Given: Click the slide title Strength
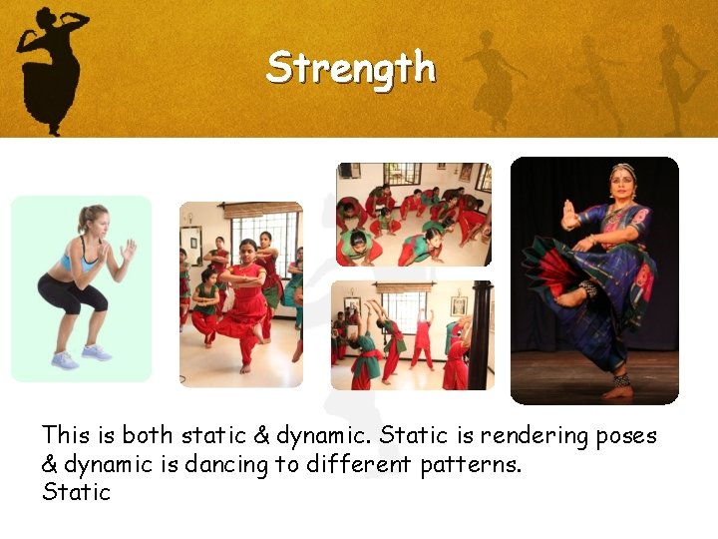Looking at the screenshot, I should coord(350,68).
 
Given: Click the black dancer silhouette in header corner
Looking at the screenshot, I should coord(50,60).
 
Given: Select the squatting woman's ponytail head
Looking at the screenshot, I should coord(93,220).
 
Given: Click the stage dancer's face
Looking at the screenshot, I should coord(623,185).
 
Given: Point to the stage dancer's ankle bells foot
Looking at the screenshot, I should coord(619,385).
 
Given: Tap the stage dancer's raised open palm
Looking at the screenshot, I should coord(569,215).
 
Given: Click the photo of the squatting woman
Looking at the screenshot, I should coord(81,288).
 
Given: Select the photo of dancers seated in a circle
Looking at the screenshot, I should coord(413,215).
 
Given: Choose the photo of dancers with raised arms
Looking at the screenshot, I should coord(412,334).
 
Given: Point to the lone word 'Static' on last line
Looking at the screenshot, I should coord(76,492).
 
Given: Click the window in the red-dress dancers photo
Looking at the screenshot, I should coord(265,235).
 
